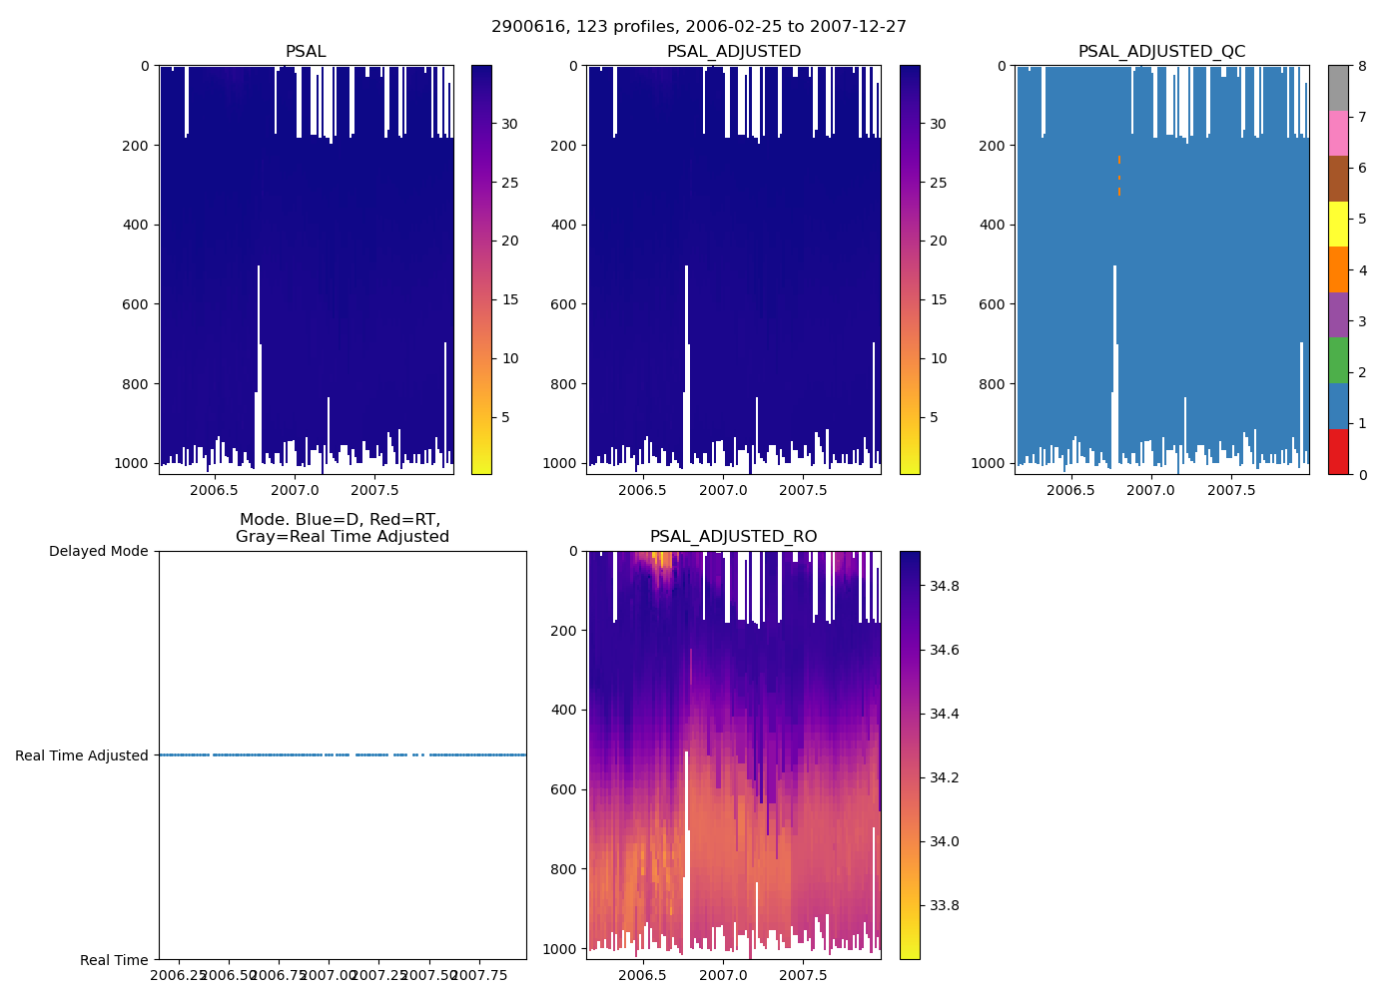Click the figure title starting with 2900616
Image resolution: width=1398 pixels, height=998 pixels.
(699, 27)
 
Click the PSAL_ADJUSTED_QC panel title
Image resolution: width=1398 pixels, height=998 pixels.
(1161, 52)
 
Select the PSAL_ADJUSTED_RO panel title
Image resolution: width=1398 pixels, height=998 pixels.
(733, 537)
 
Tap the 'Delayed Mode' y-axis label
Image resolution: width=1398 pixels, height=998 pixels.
(98, 552)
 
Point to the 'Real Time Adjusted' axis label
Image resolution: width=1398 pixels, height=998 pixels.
(81, 755)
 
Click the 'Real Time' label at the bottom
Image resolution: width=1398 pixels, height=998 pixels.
(114, 960)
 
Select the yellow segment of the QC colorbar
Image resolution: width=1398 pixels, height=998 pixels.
(1338, 225)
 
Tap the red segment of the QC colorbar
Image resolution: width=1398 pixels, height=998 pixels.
(1338, 452)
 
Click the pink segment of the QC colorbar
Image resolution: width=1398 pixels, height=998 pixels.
(1338, 133)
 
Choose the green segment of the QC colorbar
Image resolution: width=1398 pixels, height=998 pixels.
(1338, 360)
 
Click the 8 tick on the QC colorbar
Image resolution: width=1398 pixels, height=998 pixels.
(1361, 66)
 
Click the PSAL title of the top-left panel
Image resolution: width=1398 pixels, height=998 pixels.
(306, 52)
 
